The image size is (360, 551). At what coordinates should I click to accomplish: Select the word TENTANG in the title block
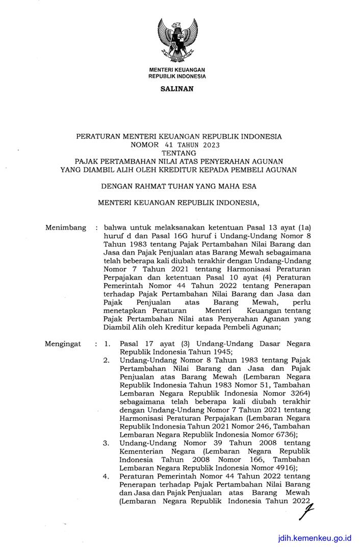coord(178,153)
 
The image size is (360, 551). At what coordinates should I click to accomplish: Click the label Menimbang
coord(66,228)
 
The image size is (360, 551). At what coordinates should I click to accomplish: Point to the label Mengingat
coord(64,344)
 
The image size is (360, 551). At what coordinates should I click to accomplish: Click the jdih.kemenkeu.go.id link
coord(315,538)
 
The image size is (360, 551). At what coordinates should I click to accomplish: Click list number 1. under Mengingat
coord(107,344)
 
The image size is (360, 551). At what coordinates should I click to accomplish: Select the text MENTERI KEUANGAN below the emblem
coord(177,69)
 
